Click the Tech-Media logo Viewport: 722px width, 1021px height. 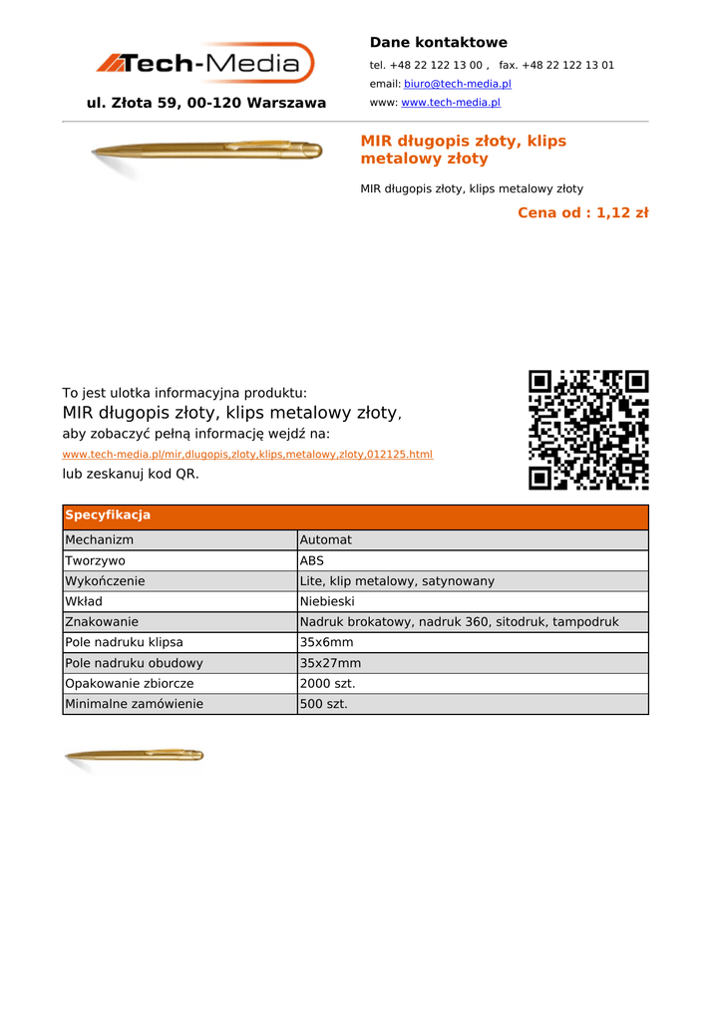[205, 64]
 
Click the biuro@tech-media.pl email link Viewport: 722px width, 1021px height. [457, 84]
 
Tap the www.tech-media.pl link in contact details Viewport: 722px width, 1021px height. [450, 103]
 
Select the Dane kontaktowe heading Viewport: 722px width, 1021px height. [438, 43]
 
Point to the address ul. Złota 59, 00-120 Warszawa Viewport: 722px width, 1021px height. [206, 103]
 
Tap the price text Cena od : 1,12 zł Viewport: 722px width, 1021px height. [582, 212]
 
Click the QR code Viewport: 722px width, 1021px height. [588, 430]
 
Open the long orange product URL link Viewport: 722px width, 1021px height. [247, 455]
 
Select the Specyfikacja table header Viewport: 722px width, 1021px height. [108, 515]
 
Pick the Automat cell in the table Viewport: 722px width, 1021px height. [325, 540]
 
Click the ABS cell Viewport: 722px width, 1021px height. [312, 560]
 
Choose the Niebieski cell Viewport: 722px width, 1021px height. [327, 601]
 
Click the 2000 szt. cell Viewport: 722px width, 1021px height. [327, 683]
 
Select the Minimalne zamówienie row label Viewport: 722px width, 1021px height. [134, 704]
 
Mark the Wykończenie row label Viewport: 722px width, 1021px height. [105, 581]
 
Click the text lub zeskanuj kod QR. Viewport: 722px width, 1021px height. [131, 474]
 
